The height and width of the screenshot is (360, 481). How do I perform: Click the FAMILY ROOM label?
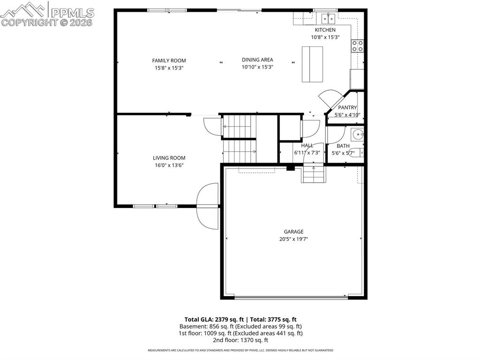[169, 61]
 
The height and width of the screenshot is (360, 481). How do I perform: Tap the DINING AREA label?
[257, 60]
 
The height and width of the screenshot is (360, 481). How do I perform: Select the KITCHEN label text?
[325, 30]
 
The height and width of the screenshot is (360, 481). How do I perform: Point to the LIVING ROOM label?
[169, 158]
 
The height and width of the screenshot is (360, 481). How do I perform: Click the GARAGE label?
[293, 231]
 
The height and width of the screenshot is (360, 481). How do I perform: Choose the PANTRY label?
[348, 107]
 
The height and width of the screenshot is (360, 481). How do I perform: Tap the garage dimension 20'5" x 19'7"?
[293, 239]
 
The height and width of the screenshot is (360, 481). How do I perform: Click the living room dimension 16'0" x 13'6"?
[169, 165]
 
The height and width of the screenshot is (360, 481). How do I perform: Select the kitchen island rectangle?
[312, 64]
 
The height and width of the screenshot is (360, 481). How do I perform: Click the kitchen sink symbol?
[328, 18]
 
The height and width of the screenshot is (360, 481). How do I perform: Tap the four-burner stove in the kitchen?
[357, 46]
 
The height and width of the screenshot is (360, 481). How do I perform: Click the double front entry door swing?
[207, 206]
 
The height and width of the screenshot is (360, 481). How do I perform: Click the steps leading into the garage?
[313, 175]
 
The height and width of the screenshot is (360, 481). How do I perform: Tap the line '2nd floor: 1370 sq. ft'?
[240, 340]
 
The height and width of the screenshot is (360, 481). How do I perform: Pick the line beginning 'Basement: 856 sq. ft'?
[240, 326]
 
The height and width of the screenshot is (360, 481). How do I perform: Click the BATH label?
[343, 146]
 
